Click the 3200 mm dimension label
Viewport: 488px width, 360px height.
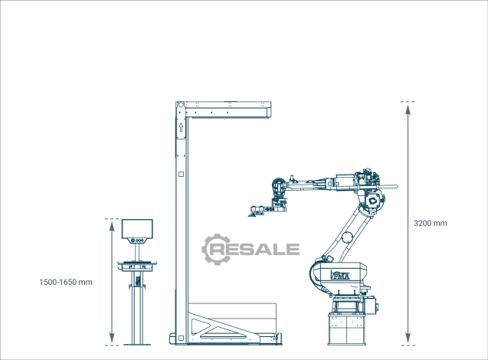pyautogui.click(x=430, y=223)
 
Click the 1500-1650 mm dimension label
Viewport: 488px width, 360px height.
pyautogui.click(x=66, y=282)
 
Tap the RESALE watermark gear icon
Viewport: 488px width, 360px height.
pyautogui.click(x=217, y=249)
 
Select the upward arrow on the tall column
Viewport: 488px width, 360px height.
pyautogui.click(x=181, y=127)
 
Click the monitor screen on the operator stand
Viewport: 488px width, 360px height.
pyautogui.click(x=137, y=229)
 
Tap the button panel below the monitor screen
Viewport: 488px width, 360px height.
pyautogui.click(x=137, y=241)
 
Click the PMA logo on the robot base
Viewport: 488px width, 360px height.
pyautogui.click(x=340, y=275)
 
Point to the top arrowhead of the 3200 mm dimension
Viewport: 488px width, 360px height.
pyautogui.click(x=408, y=110)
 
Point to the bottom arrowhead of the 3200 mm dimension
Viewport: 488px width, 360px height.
pyautogui.click(x=408, y=338)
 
